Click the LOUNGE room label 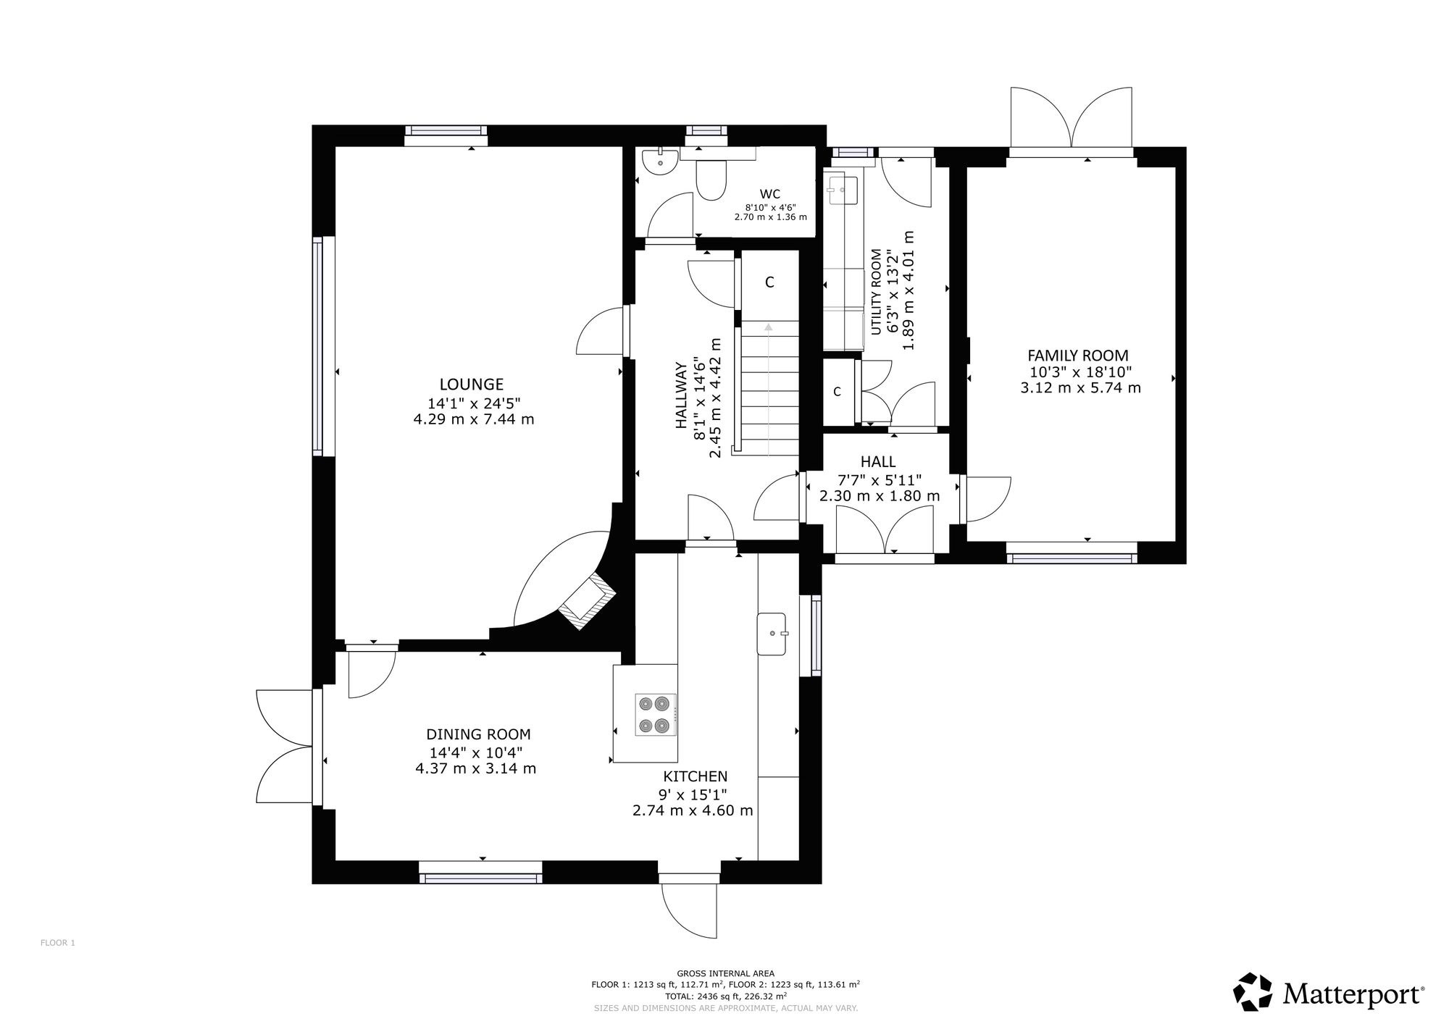click(472, 385)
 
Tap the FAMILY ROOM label click(1078, 356)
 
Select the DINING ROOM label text click(478, 734)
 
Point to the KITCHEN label click(696, 777)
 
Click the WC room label click(770, 194)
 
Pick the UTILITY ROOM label click(877, 292)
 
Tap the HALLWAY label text click(681, 395)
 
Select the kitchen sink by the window click(772, 634)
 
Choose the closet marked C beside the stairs click(769, 282)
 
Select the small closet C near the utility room click(837, 392)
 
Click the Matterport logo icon click(1253, 991)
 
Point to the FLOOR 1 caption click(58, 943)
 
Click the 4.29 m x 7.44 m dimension click(474, 419)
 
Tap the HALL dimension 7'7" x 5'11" click(880, 479)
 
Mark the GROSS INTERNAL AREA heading click(725, 973)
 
